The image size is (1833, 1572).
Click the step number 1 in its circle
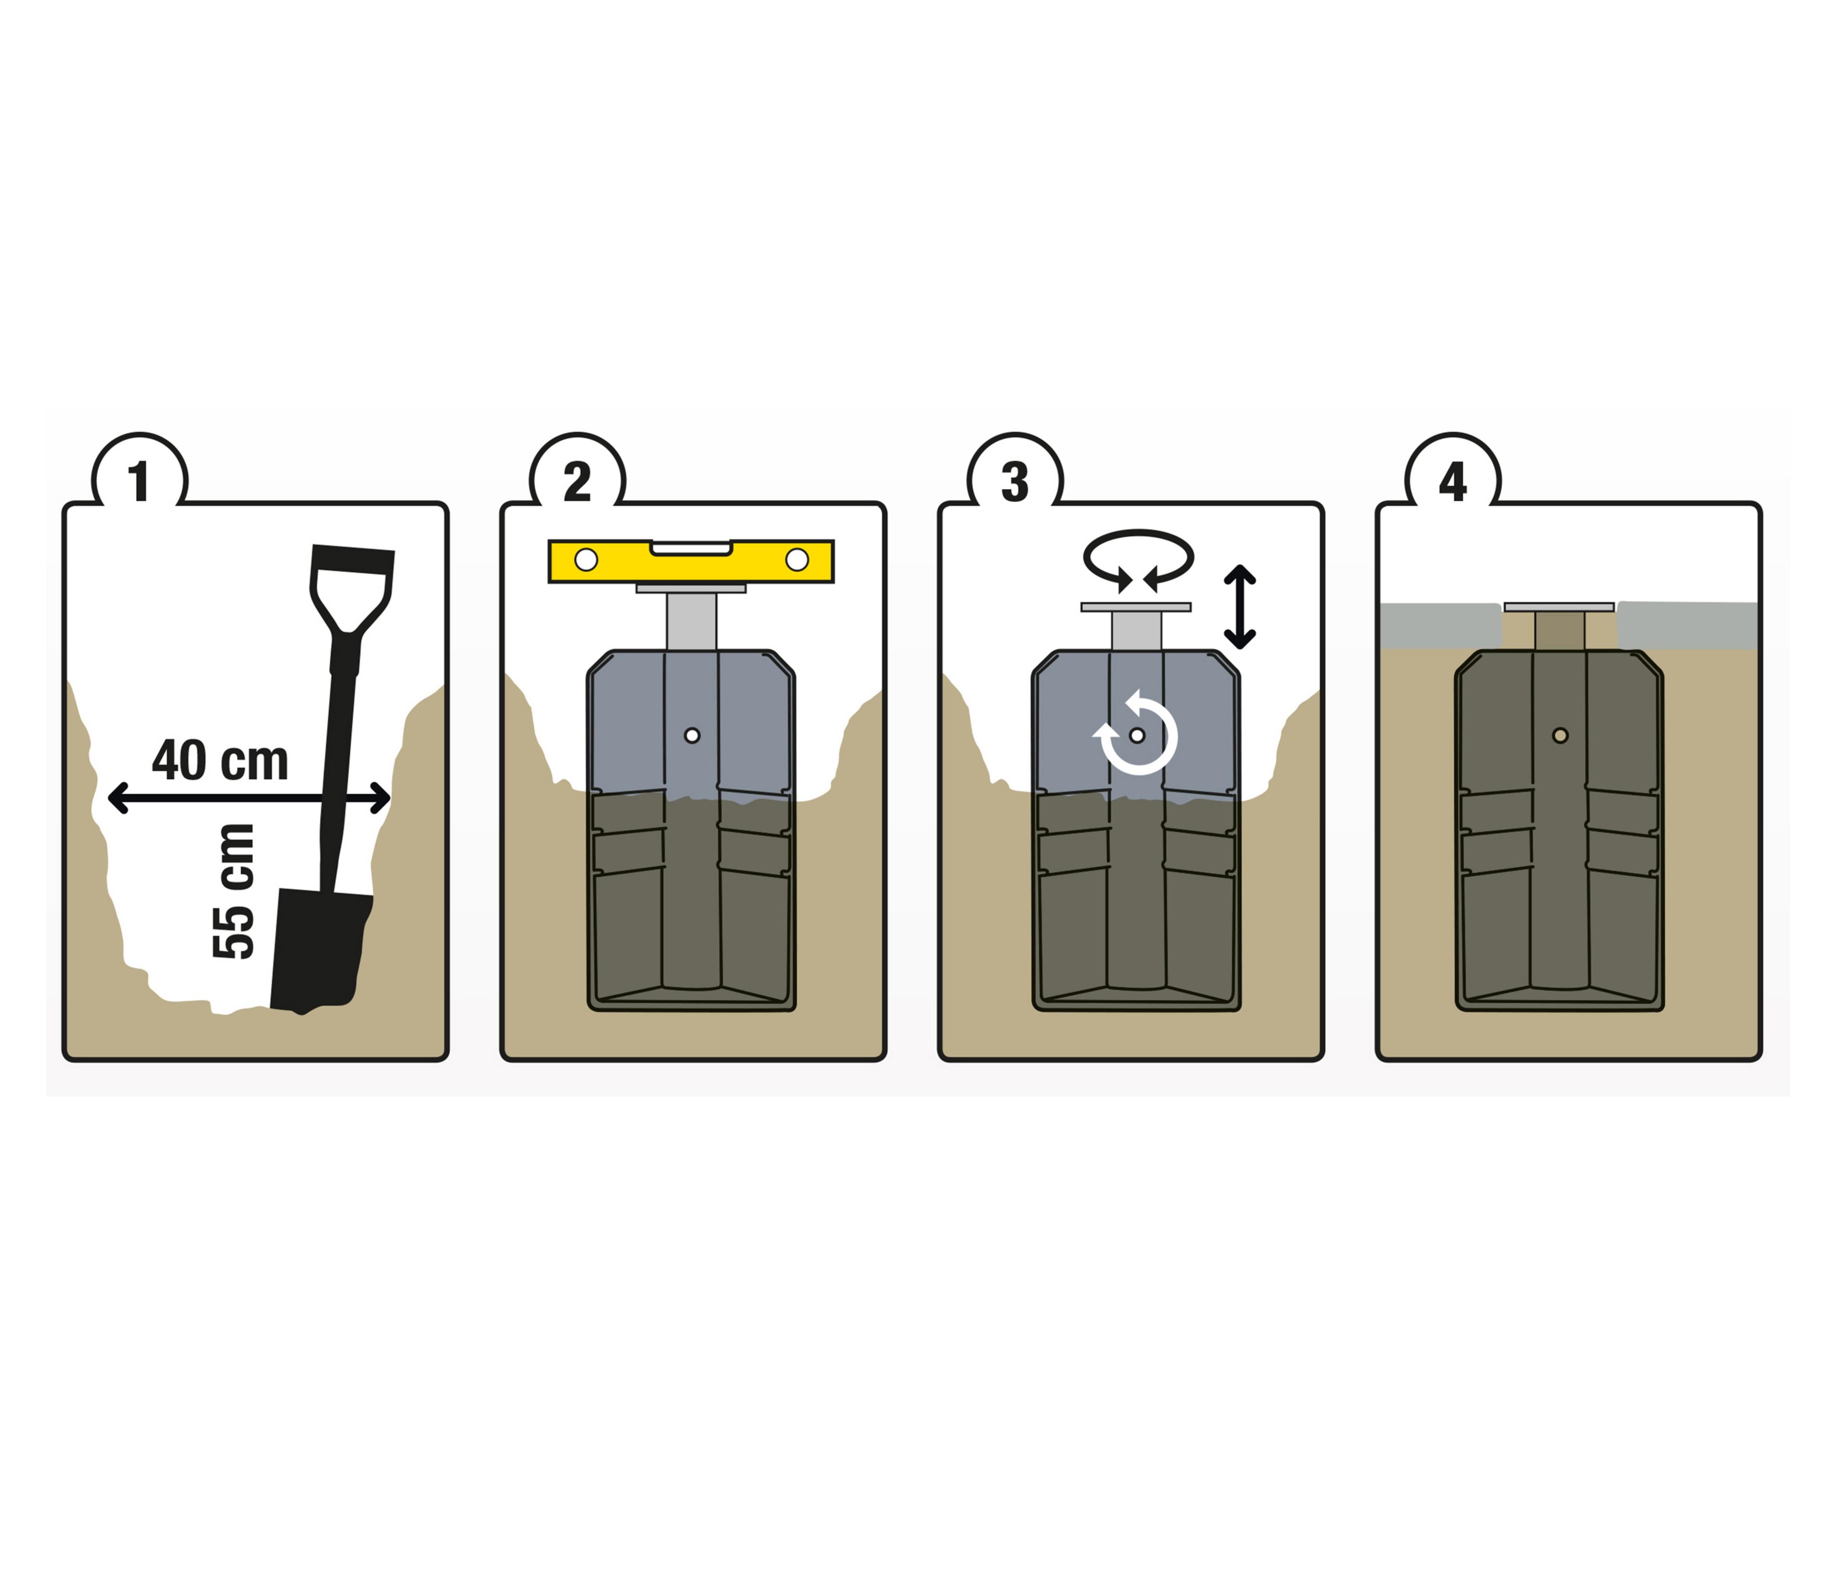click(x=139, y=481)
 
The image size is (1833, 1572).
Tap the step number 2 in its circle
click(x=577, y=481)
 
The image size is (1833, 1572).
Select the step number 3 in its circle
click(x=1015, y=481)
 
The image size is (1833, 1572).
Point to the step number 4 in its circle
click(x=1453, y=481)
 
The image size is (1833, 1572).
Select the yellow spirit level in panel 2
click(x=691, y=561)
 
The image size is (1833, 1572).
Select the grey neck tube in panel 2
click(x=692, y=621)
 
